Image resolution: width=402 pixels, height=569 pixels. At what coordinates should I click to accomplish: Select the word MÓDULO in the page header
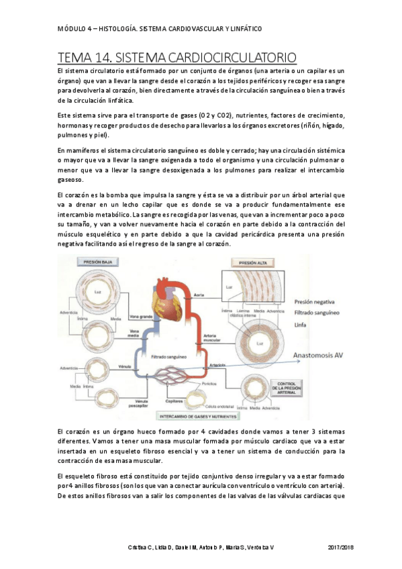pos(72,30)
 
